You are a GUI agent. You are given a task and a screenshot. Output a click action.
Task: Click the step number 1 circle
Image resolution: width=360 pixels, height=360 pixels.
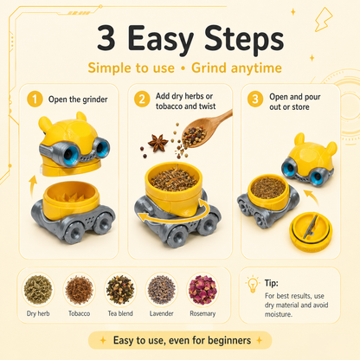tap(35, 99)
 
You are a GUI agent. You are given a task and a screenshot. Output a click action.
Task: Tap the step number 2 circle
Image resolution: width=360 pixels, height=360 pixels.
tap(142, 99)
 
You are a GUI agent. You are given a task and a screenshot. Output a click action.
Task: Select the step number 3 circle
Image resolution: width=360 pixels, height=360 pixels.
tap(255, 99)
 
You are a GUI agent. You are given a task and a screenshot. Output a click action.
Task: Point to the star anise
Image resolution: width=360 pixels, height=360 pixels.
tap(157, 143)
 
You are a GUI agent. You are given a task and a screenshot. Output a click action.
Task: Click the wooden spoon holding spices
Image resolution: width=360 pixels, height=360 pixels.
tap(207, 128)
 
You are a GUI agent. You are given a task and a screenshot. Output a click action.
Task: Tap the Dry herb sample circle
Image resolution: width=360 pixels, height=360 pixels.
tap(38, 289)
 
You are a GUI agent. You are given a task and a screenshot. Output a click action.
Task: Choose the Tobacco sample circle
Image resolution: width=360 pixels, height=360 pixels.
tap(79, 289)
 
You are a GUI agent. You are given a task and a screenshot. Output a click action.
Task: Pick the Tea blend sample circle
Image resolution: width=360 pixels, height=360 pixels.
tap(120, 289)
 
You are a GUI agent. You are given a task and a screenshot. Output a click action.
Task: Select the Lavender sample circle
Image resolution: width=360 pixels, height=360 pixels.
tap(162, 289)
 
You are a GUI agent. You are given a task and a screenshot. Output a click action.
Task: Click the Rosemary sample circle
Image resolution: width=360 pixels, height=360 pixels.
tap(202, 289)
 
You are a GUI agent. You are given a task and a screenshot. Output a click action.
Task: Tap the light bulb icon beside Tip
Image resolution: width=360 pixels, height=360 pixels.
tap(253, 284)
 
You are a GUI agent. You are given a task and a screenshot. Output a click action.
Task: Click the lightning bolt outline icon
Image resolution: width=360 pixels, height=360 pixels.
tap(324, 19)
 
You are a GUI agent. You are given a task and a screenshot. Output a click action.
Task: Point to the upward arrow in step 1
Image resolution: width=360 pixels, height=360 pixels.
tap(33, 187)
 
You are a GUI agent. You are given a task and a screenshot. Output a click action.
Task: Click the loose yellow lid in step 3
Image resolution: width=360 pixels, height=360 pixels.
tap(311, 231)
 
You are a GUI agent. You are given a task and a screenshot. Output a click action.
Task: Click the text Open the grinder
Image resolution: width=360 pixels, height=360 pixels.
tap(78, 100)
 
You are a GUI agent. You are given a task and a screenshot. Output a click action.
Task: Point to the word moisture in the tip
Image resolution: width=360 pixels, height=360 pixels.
tap(279, 314)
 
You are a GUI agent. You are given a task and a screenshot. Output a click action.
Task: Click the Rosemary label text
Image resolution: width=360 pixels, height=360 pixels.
tap(202, 313)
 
